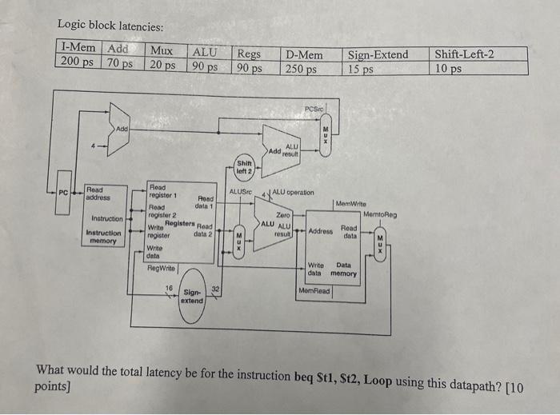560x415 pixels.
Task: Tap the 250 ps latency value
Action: click(x=301, y=69)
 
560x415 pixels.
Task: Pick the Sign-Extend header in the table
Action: click(x=378, y=54)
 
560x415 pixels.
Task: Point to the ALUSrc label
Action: click(x=241, y=192)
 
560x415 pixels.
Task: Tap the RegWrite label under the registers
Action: click(x=162, y=268)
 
